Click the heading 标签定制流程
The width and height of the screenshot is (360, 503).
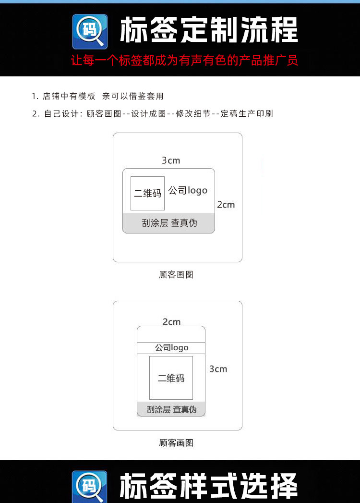208,30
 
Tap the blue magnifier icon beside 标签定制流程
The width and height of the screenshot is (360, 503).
90,31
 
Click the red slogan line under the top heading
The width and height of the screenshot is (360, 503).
184,61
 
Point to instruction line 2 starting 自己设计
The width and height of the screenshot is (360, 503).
153,114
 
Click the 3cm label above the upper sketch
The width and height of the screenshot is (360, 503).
171,160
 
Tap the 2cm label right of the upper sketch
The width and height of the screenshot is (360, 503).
226,205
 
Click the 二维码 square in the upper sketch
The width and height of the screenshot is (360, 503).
147,193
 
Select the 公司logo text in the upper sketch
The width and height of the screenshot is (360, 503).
188,191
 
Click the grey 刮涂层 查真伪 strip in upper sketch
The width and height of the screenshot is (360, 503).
168,223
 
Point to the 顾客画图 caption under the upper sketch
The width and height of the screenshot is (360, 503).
176,275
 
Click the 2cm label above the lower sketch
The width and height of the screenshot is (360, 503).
171,322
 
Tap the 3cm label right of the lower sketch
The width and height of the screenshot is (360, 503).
218,369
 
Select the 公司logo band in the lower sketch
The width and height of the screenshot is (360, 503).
171,347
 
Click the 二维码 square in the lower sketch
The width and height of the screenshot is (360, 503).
171,378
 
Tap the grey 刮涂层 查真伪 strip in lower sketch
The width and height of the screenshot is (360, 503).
171,409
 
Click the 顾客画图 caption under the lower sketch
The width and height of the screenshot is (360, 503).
176,443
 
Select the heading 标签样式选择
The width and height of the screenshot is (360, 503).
208,485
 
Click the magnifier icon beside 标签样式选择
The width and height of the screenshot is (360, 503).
90,486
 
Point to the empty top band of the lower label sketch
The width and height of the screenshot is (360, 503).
171,334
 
